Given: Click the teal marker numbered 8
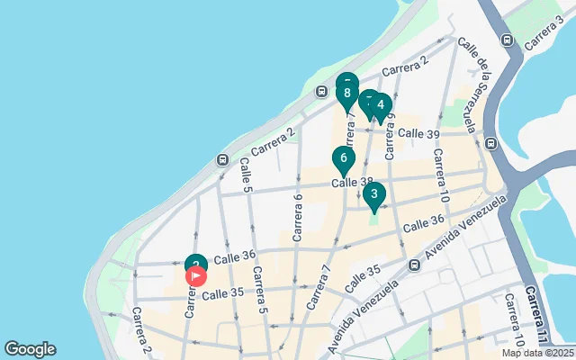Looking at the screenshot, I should click(x=346, y=94).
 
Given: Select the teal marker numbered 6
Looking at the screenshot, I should click(x=343, y=159).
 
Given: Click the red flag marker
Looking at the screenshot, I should click(x=195, y=276).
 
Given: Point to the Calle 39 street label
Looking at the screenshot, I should click(x=418, y=133).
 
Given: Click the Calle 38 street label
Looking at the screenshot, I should click(x=352, y=182).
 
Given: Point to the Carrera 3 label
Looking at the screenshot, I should click(x=544, y=37).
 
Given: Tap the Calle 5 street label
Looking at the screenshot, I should click(x=245, y=175).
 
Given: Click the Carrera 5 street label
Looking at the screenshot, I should click(x=259, y=290).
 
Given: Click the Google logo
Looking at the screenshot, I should click(x=30, y=349).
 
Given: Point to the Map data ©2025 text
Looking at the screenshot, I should click(x=537, y=353).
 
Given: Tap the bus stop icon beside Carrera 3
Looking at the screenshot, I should click(x=507, y=40).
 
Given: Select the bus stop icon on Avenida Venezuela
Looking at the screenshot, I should click(x=413, y=265).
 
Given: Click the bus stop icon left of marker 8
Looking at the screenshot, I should click(x=321, y=91).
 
